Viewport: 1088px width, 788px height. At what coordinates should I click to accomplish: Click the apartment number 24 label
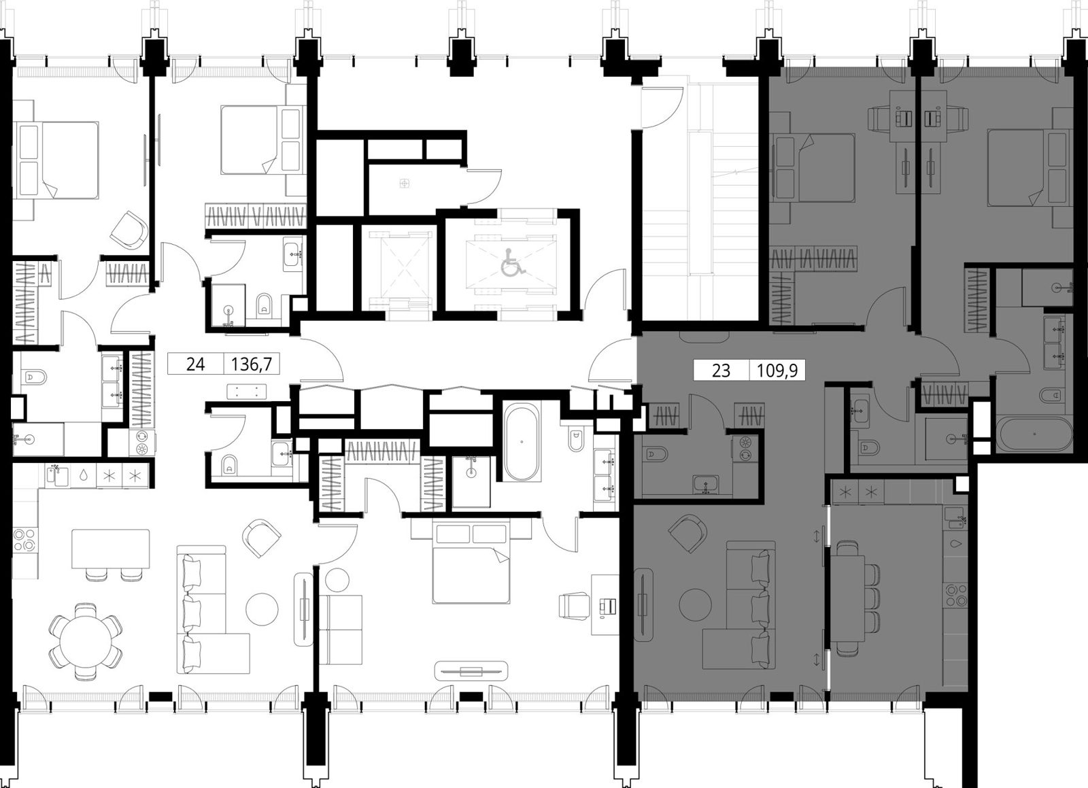[195, 364]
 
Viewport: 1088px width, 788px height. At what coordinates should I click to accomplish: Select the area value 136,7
[252, 364]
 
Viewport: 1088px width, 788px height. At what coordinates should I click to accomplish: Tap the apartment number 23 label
[721, 371]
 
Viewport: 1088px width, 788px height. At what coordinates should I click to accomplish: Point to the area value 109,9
[777, 371]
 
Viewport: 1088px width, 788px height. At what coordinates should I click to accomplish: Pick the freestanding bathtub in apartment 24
[521, 442]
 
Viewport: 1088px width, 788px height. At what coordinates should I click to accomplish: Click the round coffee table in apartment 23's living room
[695, 604]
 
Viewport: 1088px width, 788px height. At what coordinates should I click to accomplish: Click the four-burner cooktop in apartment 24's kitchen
[24, 540]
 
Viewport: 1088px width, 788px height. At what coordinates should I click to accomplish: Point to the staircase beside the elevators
[700, 204]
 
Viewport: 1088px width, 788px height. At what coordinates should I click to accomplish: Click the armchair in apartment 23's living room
[686, 534]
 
